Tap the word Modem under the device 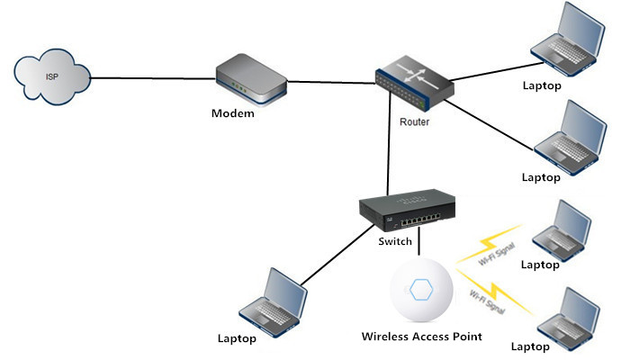[232, 113]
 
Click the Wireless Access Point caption [421, 337]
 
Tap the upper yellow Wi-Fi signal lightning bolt [495, 245]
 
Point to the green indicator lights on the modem [238, 87]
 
